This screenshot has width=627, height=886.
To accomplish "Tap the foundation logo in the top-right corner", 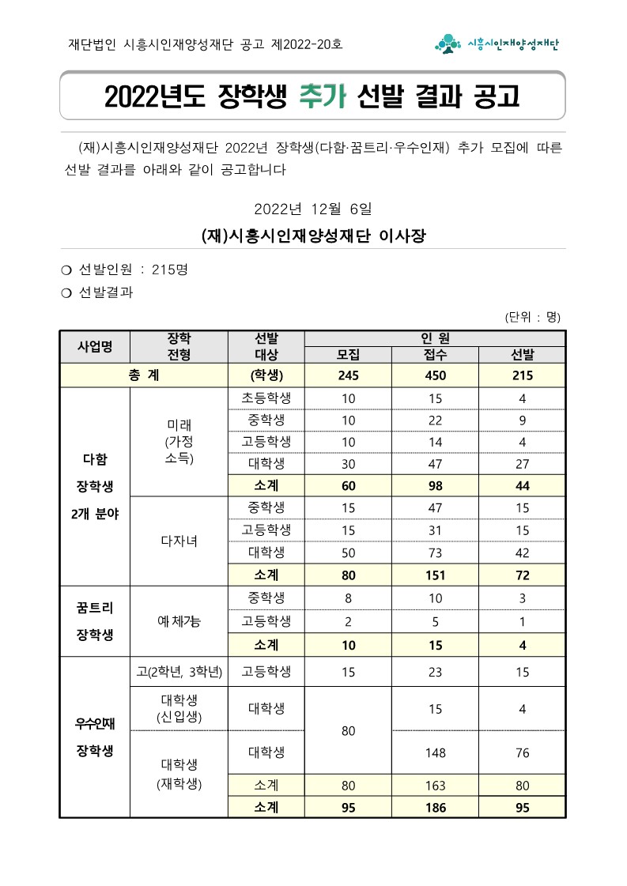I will pos(497,44).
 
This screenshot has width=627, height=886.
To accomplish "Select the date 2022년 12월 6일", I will pos(312,209).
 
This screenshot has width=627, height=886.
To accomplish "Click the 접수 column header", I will pos(435,355).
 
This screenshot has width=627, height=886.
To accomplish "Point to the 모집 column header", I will pos(348,355).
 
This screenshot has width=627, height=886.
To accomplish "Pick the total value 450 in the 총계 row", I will pos(435,375).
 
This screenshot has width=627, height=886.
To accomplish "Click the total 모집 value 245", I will pos(348,375).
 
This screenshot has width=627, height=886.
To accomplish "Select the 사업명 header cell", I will pos(95,346).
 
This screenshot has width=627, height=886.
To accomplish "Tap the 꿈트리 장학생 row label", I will pos(95,620).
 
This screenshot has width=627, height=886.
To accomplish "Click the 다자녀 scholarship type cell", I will pos(179,541).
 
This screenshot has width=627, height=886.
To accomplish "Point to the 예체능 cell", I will pos(179,621).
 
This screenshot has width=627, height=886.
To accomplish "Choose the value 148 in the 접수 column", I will pos(435,752).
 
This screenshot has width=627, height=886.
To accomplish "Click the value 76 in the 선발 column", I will pos(522,752).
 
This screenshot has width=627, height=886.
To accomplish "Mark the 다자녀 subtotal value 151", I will pos(435,575).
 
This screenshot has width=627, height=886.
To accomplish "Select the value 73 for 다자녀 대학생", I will pos(435,552).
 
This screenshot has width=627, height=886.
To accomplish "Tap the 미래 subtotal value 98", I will pos(435,485).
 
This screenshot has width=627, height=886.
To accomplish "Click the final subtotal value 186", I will pos(435,808).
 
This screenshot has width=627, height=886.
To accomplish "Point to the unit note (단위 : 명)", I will pos(533,317).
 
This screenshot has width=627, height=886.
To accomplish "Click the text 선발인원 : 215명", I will pos(133,270).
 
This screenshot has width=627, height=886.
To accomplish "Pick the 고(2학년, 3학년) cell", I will pos(179,673).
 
